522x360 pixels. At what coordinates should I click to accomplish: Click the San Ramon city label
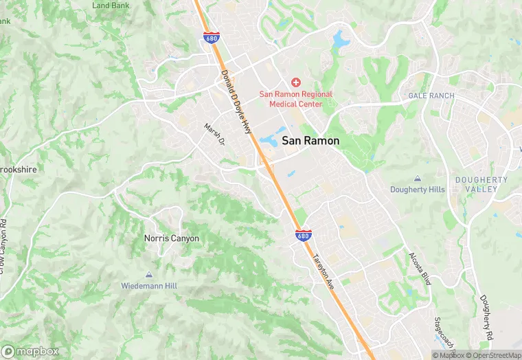click(x=310, y=140)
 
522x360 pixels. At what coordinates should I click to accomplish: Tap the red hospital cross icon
click(x=296, y=82)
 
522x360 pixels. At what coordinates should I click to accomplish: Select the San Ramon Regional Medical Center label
click(x=295, y=99)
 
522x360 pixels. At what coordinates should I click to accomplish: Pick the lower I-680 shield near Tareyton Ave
click(x=303, y=236)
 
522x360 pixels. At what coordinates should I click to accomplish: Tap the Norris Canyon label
click(x=171, y=238)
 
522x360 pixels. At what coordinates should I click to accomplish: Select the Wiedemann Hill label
click(x=149, y=284)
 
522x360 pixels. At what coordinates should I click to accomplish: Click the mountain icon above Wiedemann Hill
click(x=149, y=273)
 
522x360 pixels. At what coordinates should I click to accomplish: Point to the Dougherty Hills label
click(x=418, y=189)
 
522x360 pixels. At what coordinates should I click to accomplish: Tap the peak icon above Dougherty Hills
click(x=418, y=178)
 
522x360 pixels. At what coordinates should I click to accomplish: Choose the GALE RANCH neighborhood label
click(x=431, y=95)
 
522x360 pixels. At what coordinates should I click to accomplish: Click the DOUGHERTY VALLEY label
click(x=481, y=184)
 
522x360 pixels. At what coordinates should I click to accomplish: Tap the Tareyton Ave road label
click(x=323, y=271)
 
